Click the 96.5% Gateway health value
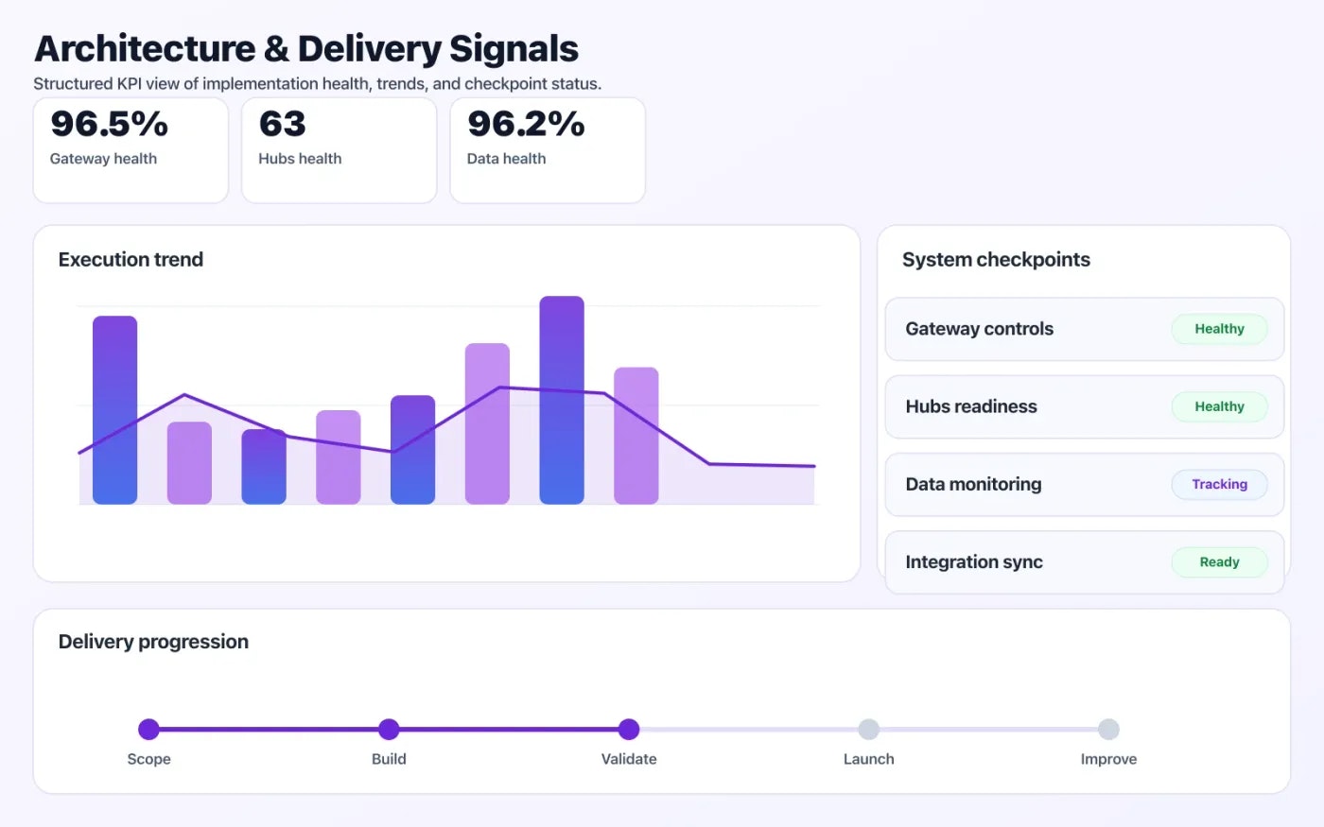(x=109, y=124)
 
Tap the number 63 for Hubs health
(x=282, y=124)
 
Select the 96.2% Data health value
(x=526, y=124)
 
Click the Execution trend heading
(x=131, y=260)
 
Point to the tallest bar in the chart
(x=562, y=400)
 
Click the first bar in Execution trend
(x=114, y=409)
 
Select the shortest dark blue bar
(x=264, y=466)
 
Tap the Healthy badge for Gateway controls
(x=1219, y=329)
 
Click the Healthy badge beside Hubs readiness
(x=1219, y=406)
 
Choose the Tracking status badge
(x=1219, y=484)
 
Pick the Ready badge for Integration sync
(x=1219, y=561)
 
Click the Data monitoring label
(x=973, y=484)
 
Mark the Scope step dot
(x=148, y=729)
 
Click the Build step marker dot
(x=389, y=729)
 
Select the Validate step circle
(x=629, y=729)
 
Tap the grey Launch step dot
(x=868, y=729)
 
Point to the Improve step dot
(x=1108, y=729)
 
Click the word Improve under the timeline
(x=1108, y=759)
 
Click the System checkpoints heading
(x=996, y=260)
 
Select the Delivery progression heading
(x=153, y=642)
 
